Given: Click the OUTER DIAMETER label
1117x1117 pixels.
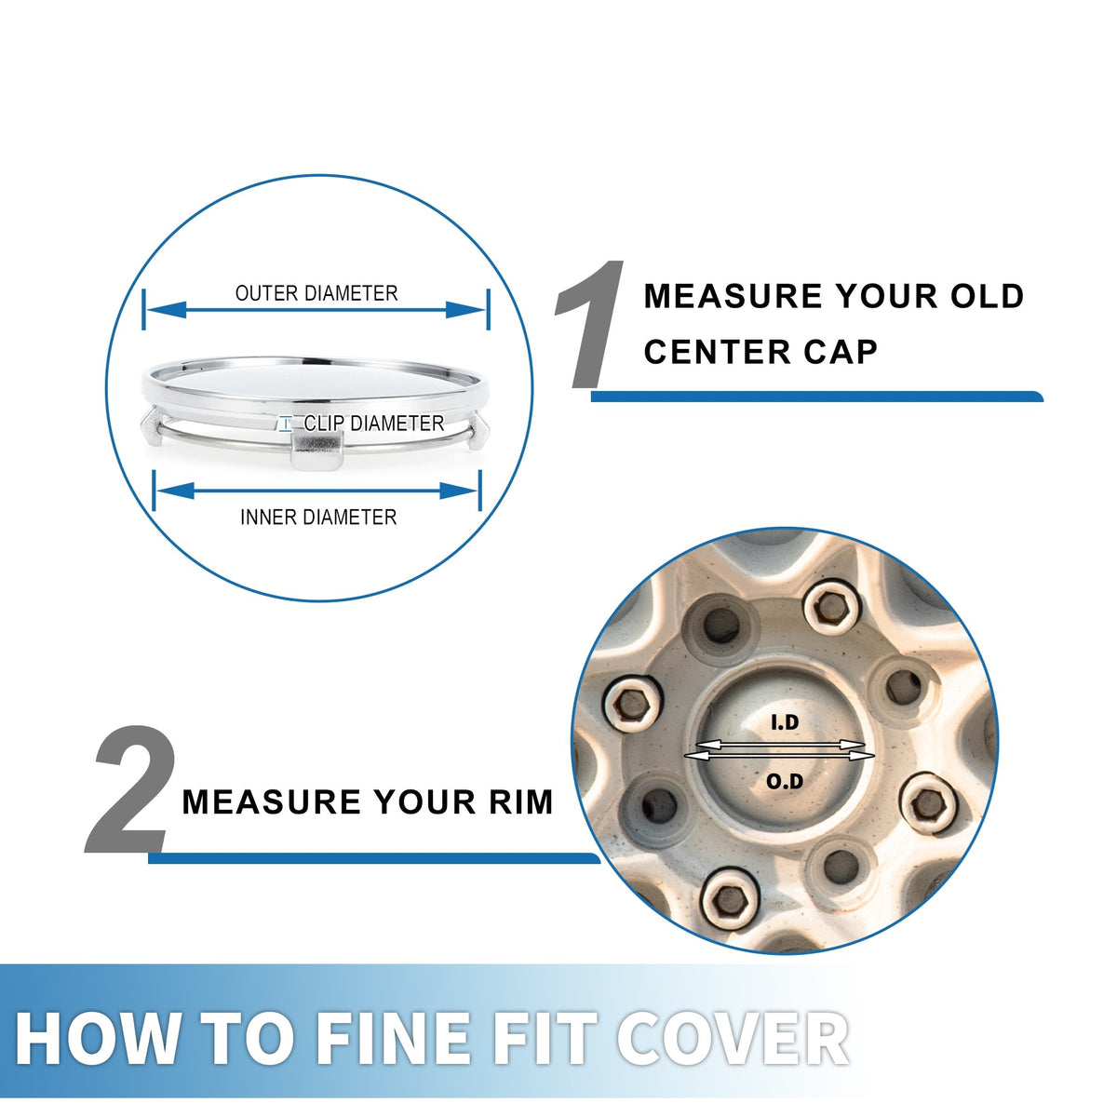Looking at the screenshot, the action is tap(316, 293).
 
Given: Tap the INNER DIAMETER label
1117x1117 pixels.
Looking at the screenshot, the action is tap(318, 517).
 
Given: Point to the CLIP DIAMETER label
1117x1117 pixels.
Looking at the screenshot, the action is tap(373, 424).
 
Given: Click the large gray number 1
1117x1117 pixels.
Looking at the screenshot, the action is tap(589, 325).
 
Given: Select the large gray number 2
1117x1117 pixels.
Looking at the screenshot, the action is tap(130, 789).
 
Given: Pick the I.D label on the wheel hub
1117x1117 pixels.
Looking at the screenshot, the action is tap(785, 722).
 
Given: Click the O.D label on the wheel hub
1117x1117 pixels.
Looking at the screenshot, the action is tap(785, 781).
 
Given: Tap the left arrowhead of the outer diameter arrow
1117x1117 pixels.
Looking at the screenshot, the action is tap(167, 310).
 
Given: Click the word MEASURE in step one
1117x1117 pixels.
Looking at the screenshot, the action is tap(733, 296).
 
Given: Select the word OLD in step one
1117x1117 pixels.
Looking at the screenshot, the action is tap(988, 296).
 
